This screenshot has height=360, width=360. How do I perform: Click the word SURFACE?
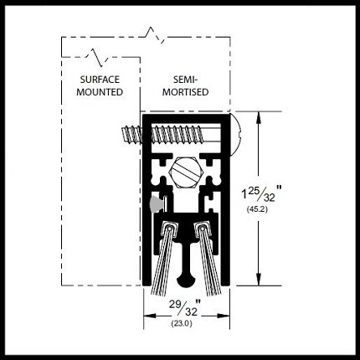point(100,80)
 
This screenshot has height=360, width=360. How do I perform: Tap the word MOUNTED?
point(100,92)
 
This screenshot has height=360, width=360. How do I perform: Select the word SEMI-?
point(185,80)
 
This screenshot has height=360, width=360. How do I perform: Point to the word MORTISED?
point(185,92)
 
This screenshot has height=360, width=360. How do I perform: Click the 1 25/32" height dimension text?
point(261,193)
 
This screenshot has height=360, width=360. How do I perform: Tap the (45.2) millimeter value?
point(257,209)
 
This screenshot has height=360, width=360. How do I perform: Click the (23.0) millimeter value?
point(182,324)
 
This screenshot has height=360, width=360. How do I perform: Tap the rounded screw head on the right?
point(236,135)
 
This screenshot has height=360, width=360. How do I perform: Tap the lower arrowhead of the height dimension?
point(260,277)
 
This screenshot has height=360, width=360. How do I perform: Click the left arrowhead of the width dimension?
point(150,316)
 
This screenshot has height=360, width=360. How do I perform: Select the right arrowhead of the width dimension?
point(224,316)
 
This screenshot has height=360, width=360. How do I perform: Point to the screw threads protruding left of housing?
point(132,135)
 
